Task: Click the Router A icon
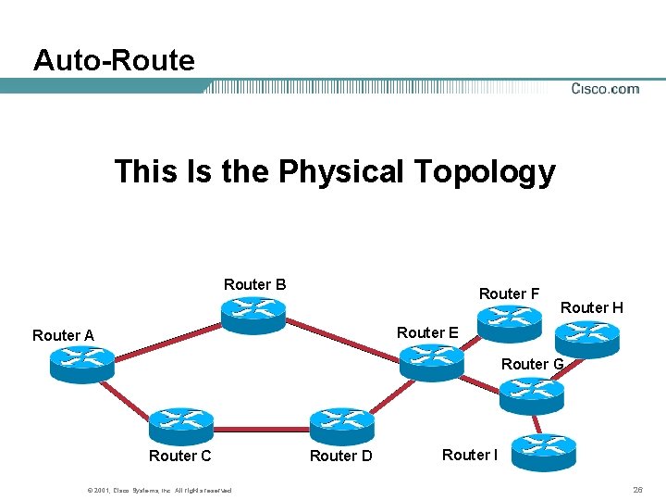coord(82,364)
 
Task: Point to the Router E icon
coord(431,361)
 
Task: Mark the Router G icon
coord(531,396)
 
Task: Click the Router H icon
coord(586,338)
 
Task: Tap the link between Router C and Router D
coord(262,429)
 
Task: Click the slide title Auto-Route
coord(114,60)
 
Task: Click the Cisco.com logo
coord(605,89)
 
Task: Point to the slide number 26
coord(637,489)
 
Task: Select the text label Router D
coord(340,456)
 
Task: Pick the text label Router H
coord(592,307)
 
